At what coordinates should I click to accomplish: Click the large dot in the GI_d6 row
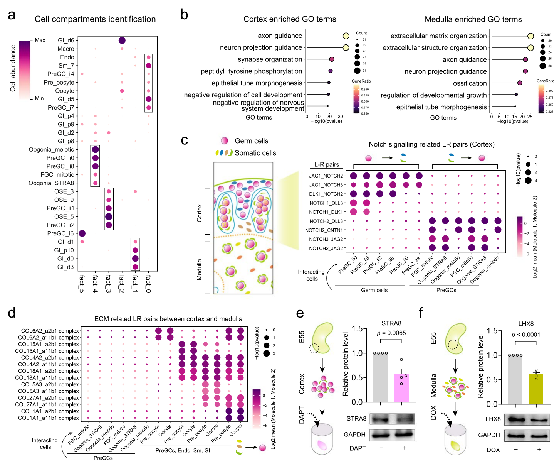click(122, 41)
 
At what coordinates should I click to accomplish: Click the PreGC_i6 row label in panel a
click(60, 233)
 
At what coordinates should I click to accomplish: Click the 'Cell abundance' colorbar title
click(13, 68)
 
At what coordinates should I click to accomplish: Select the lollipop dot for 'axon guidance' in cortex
click(346, 36)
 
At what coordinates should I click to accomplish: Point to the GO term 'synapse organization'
click(270, 59)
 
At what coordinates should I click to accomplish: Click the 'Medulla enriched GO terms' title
click(473, 19)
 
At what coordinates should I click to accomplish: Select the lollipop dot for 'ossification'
click(520, 83)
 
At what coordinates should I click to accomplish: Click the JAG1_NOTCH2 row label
click(326, 176)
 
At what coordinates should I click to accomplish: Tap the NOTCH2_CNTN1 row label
click(324, 230)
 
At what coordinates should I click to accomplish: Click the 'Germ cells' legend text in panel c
click(251, 141)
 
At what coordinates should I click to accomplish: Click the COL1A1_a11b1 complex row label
click(49, 418)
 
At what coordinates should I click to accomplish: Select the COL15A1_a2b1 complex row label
click(49, 344)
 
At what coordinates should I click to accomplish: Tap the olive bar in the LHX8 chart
click(536, 389)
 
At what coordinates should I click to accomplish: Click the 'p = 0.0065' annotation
click(391, 333)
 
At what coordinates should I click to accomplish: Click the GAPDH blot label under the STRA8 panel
click(354, 435)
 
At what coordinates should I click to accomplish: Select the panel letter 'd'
click(12, 313)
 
